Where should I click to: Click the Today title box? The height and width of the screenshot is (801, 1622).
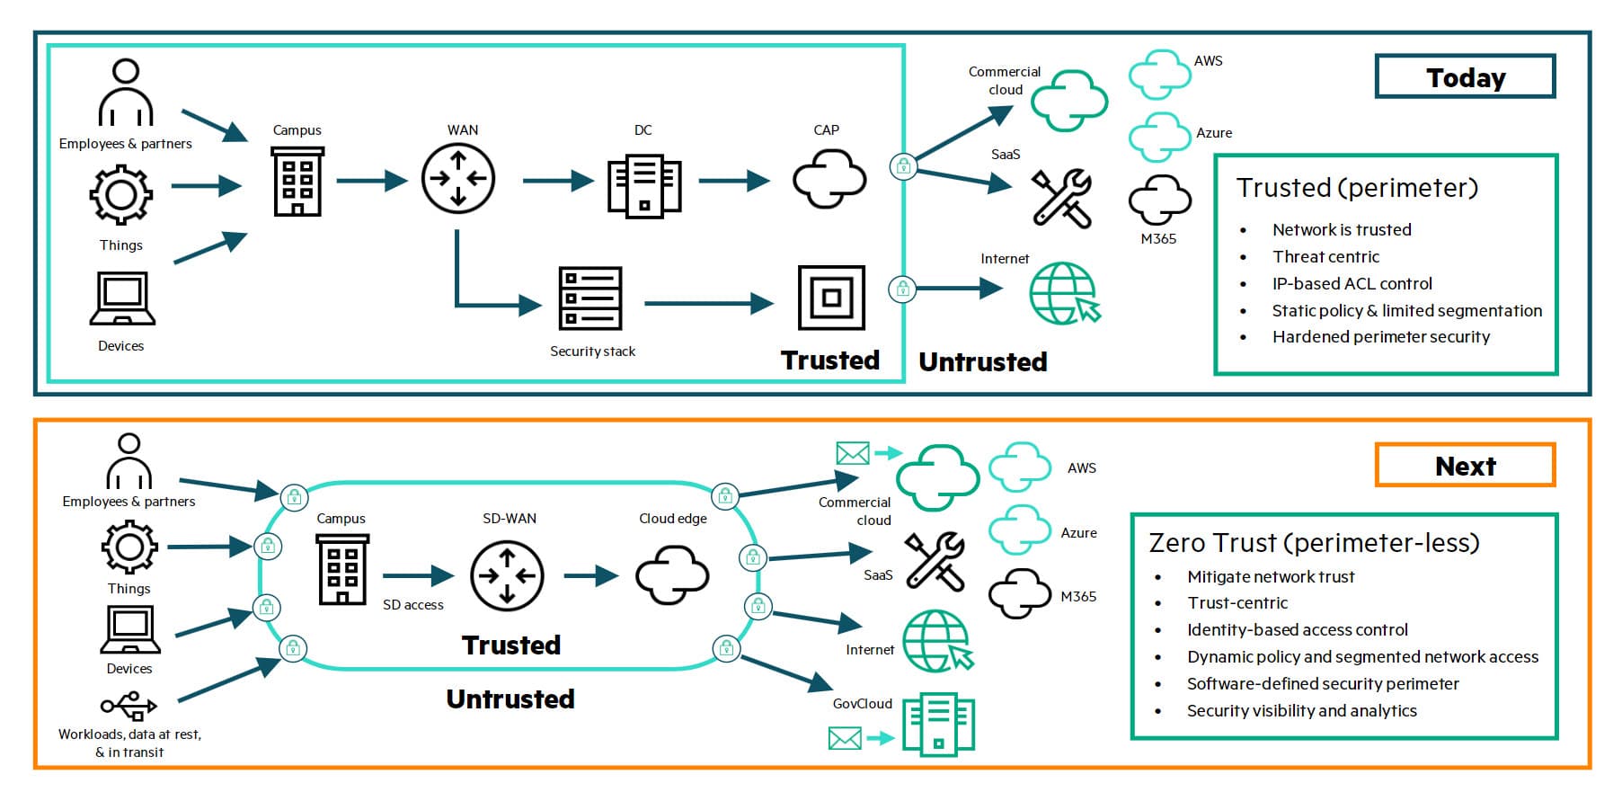coord(1465,77)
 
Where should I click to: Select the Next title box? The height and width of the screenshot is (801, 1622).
coord(1465,466)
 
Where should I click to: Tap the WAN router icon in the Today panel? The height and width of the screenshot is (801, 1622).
coord(458,179)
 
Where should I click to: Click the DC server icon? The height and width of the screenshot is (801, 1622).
coord(643,186)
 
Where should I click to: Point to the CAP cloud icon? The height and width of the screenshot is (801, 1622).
coord(829,179)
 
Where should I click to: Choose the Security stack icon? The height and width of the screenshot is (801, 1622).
coord(590,298)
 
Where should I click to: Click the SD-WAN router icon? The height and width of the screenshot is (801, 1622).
coord(507,576)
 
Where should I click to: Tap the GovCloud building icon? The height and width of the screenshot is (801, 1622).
coord(938,724)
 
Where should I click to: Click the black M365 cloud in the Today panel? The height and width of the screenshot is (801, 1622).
coord(1159,200)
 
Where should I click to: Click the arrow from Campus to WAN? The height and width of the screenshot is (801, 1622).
coord(372,181)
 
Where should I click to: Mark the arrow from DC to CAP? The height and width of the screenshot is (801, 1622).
coord(733,182)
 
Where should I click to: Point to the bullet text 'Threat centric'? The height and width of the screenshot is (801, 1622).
coord(1325,257)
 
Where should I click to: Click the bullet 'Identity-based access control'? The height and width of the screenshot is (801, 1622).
coord(1297,630)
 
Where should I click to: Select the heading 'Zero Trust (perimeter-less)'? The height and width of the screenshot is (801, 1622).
coord(1314,543)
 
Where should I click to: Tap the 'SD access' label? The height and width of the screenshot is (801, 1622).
coord(413,605)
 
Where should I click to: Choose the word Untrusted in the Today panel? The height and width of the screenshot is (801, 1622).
coord(982,361)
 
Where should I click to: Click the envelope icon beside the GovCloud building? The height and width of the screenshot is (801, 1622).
coord(845,739)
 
